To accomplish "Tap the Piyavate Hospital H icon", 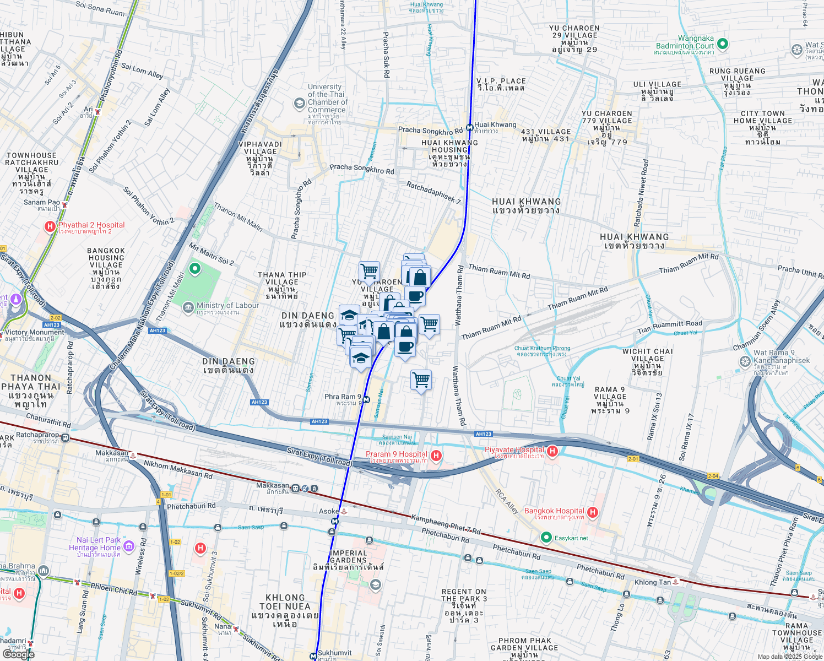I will pos(552,452).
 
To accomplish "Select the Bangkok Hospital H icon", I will pos(593,512).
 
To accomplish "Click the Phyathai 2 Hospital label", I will pos(91,225).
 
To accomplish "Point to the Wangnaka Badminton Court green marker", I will pos(723,43).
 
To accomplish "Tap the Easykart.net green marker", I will pos(546,537).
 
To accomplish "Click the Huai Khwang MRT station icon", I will pos(470,127).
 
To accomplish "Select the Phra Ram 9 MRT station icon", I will pos(366,399).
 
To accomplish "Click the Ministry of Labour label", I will pos(227,306).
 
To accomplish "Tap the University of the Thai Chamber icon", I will pos(299,103).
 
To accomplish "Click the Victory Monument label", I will pos(34,332).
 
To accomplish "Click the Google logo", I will pos(18,654).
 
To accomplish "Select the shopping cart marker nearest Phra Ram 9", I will pos(421,380).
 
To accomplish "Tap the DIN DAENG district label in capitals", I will pos(228,362).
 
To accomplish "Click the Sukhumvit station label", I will pos(334,653).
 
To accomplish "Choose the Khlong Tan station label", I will pos(653,582).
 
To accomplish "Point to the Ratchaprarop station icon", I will pos(66,438).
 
